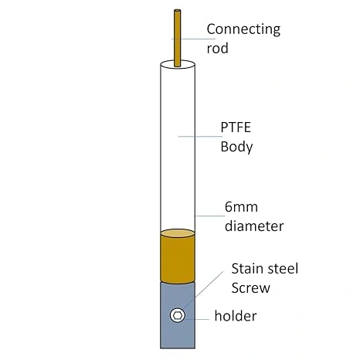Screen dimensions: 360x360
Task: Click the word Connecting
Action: click(x=243, y=30)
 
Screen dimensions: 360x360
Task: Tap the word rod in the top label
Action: click(x=217, y=49)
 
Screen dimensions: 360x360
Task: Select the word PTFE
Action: click(x=236, y=127)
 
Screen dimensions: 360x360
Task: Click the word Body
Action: click(x=236, y=147)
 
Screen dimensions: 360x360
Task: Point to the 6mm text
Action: click(x=241, y=207)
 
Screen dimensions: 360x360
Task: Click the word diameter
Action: click(x=254, y=226)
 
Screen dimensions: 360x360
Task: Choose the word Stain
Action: click(x=247, y=269)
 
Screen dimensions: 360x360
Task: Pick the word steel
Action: click(x=282, y=269)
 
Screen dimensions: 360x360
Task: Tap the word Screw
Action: click(x=250, y=288)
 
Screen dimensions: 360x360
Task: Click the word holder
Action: click(x=236, y=316)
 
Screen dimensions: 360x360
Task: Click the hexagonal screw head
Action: click(x=178, y=315)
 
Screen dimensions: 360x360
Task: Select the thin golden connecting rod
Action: click(x=177, y=38)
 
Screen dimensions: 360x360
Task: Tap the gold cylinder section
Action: click(x=178, y=256)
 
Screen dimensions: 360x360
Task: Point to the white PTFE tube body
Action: click(x=178, y=147)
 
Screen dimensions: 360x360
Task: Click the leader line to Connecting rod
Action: click(x=193, y=39)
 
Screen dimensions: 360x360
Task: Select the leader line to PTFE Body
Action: click(x=200, y=136)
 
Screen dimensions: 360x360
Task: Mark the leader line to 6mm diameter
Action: click(x=209, y=216)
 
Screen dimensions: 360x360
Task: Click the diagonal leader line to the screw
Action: click(x=202, y=291)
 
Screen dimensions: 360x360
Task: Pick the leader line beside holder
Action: click(x=197, y=319)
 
